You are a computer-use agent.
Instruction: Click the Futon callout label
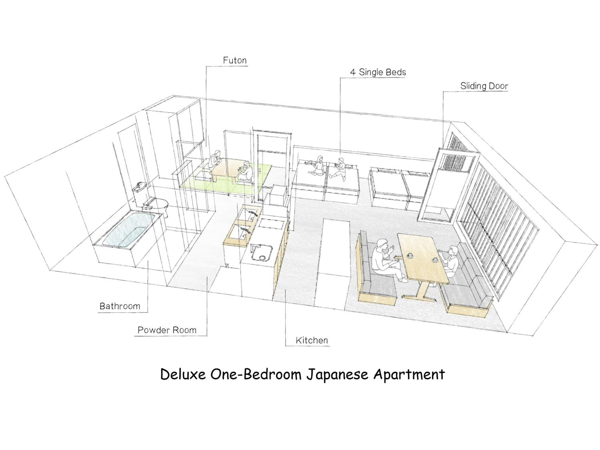pyautogui.click(x=235, y=60)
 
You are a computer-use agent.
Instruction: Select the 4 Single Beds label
pyautogui.click(x=378, y=72)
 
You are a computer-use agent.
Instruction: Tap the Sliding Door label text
pyautogui.click(x=484, y=86)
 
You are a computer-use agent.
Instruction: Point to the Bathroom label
pyautogui.click(x=120, y=306)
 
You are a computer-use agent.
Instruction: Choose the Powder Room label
pyautogui.click(x=167, y=330)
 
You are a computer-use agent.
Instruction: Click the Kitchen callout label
pyautogui.click(x=312, y=340)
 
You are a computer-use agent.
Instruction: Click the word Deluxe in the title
pyautogui.click(x=183, y=375)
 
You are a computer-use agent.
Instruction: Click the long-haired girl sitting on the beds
pyautogui.click(x=318, y=166)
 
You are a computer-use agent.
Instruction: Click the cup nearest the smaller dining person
pyautogui.click(x=435, y=260)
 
